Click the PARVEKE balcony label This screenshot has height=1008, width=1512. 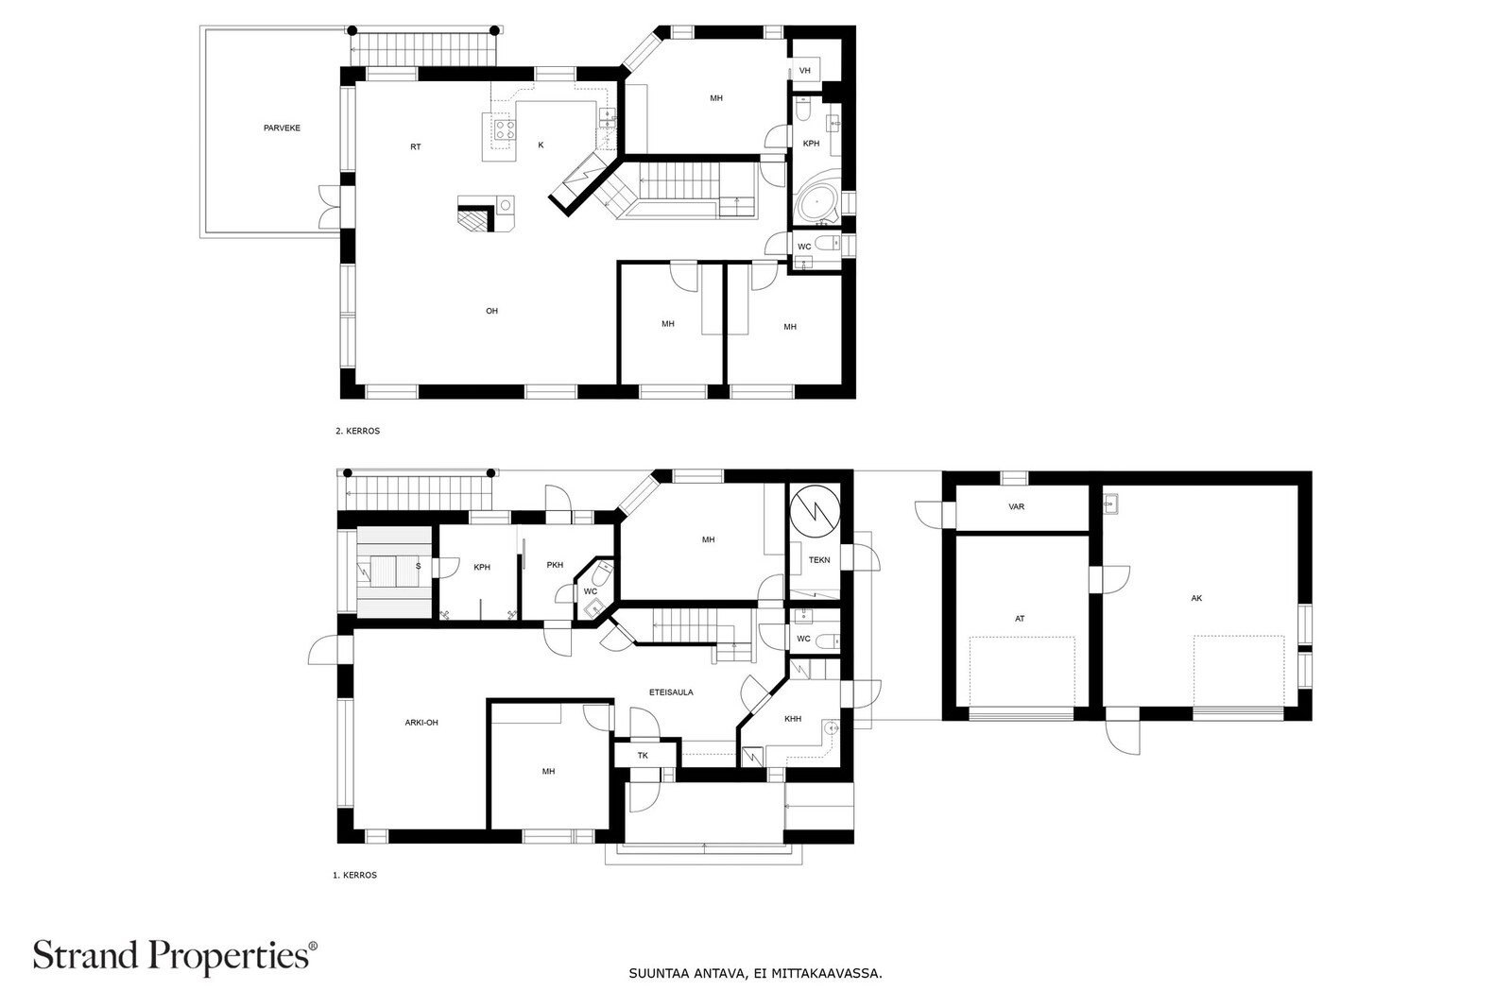(282, 128)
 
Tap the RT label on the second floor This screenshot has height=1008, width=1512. (416, 146)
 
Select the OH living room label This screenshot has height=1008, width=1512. (492, 311)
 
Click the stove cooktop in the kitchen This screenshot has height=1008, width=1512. (505, 128)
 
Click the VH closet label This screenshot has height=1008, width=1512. (804, 70)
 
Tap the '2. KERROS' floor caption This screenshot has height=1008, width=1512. (358, 431)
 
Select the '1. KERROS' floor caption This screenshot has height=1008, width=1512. (354, 875)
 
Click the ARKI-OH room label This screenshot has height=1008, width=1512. (421, 722)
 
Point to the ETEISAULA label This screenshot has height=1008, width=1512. (671, 692)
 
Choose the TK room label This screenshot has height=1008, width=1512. (643, 755)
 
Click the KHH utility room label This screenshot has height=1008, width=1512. (793, 719)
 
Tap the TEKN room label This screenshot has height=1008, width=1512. (819, 559)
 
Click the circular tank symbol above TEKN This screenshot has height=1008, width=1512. (816, 511)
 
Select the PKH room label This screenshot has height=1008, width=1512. (555, 565)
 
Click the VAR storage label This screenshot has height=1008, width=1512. (1017, 506)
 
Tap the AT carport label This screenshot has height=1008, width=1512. (1020, 618)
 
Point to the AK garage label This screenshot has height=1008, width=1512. (1196, 598)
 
